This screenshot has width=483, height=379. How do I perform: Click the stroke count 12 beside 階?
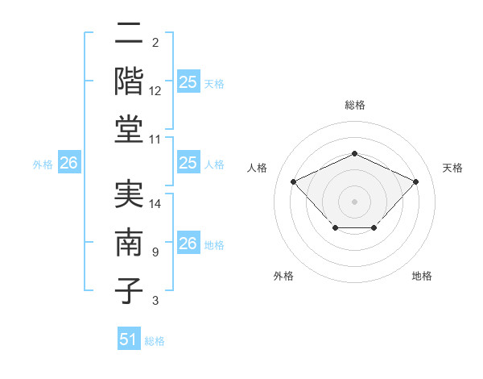[x=155, y=91]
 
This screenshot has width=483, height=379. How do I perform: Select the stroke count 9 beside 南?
[x=155, y=252]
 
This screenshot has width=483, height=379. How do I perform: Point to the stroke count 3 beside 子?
[x=155, y=301]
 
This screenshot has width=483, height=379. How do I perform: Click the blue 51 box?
[x=129, y=339]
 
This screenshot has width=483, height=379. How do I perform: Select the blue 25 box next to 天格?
[x=188, y=82]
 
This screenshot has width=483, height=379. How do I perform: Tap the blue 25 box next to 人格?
[x=188, y=164]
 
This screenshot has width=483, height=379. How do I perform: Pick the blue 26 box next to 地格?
[x=188, y=244]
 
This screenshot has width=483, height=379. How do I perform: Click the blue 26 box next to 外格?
[x=68, y=164]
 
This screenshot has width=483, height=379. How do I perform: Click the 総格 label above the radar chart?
[x=354, y=104]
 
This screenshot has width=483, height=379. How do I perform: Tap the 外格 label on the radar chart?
[x=283, y=276]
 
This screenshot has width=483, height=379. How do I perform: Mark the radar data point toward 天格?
[x=415, y=181]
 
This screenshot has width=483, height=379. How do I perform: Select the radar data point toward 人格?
[x=294, y=181]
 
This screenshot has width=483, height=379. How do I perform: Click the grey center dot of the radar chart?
[x=354, y=201]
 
